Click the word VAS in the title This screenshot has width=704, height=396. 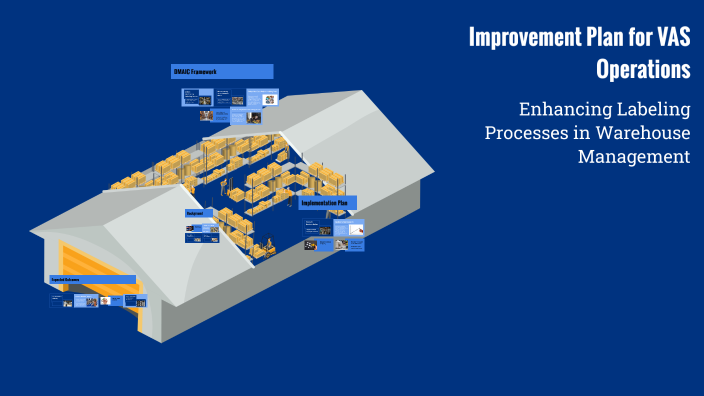[x=670, y=38]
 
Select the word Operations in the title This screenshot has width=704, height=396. [x=643, y=70]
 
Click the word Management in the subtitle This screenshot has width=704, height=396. [x=634, y=157]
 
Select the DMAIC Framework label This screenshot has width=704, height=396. [x=222, y=72]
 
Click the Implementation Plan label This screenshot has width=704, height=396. [x=328, y=203]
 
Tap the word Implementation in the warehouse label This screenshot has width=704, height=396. [x=319, y=203]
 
